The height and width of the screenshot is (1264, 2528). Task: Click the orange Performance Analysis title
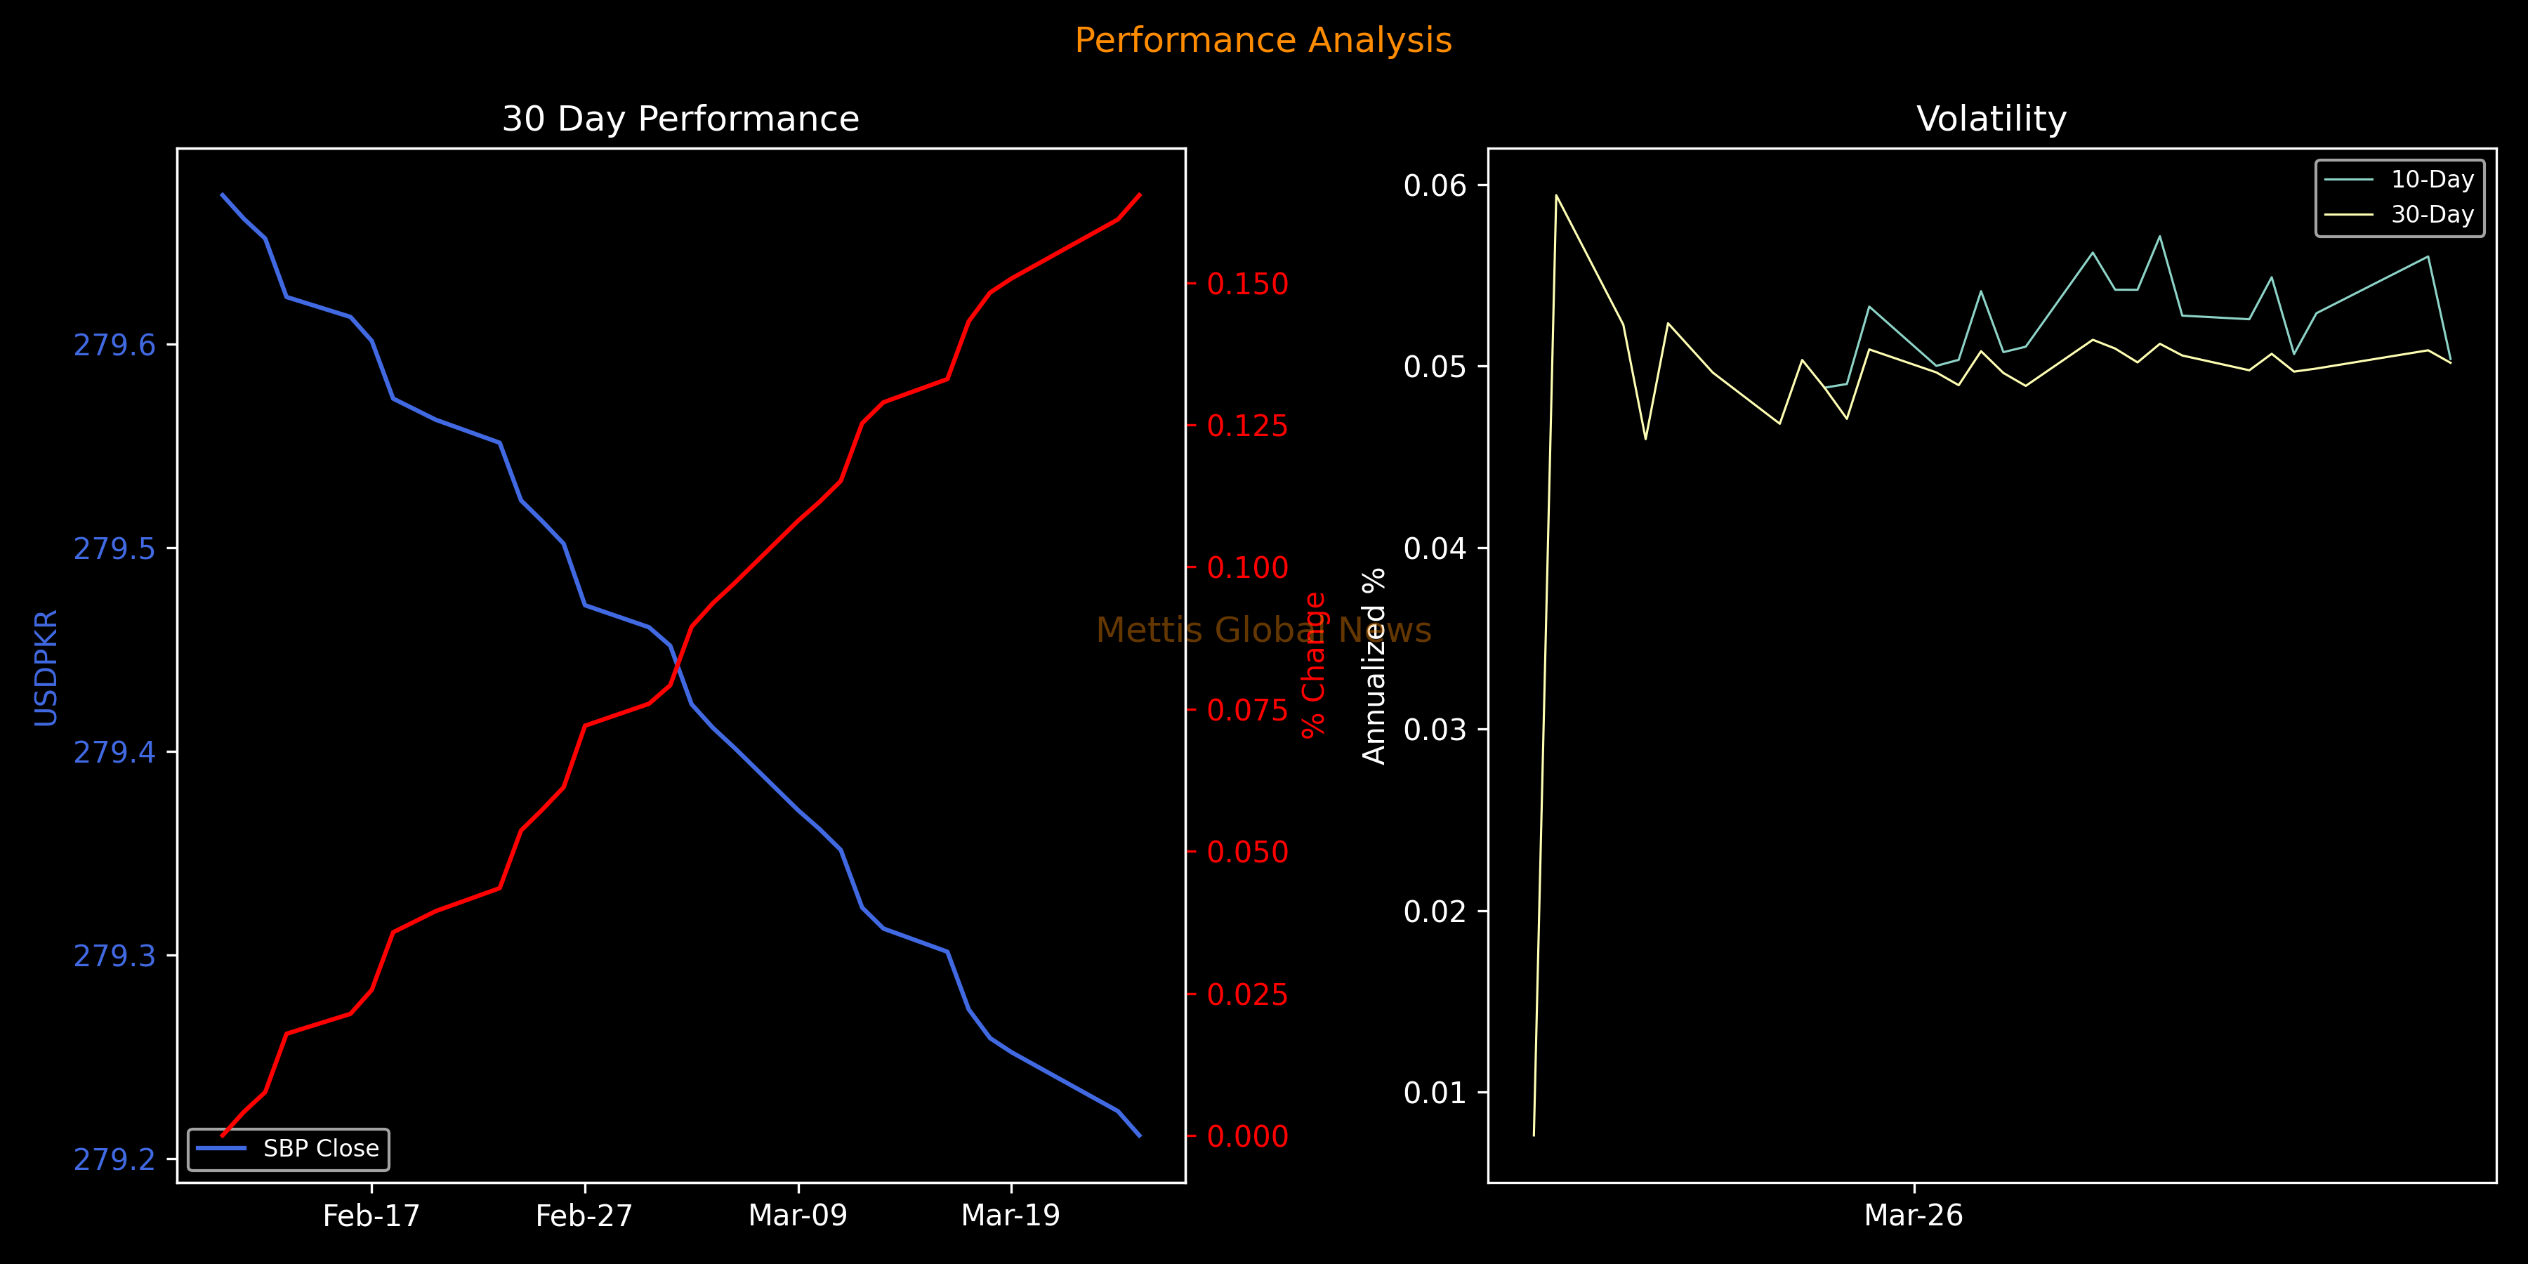click(x=1263, y=40)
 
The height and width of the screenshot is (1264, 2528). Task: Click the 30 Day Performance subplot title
click(x=680, y=119)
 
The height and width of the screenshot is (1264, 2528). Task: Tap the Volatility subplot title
click(x=1992, y=119)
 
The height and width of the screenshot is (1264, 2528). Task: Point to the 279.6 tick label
click(x=115, y=345)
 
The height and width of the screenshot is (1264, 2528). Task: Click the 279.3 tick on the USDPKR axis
click(x=115, y=956)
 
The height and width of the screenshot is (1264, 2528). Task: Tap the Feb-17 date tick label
click(x=371, y=1216)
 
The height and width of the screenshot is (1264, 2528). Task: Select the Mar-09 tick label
click(x=798, y=1216)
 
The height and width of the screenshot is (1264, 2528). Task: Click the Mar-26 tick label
click(x=1914, y=1216)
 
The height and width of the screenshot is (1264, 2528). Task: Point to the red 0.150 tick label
click(x=1247, y=284)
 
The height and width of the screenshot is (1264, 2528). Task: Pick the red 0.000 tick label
click(x=1247, y=1136)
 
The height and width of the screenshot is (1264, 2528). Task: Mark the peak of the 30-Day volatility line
click(x=1556, y=195)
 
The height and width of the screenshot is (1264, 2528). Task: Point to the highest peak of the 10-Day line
click(x=2160, y=237)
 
